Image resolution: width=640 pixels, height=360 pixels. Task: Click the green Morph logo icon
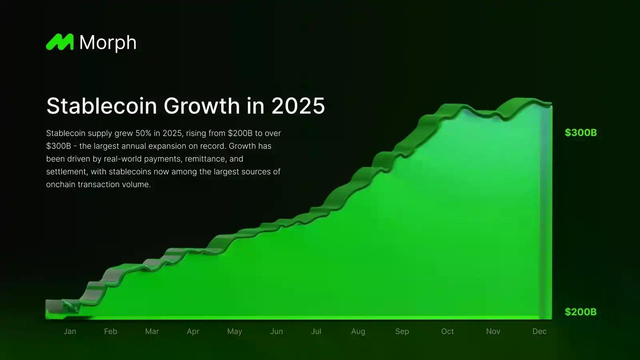pyautogui.click(x=60, y=42)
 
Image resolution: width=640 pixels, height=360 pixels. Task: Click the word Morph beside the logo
pyautogui.click(x=108, y=42)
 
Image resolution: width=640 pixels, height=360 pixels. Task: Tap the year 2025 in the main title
pyautogui.click(x=298, y=106)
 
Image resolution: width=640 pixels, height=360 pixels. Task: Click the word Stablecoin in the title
pyautogui.click(x=102, y=106)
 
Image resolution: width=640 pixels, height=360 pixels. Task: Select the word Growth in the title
pyautogui.click(x=202, y=106)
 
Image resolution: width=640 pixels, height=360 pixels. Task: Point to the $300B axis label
pyautogui.click(x=580, y=133)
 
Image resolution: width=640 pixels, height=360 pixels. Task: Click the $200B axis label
pyautogui.click(x=580, y=312)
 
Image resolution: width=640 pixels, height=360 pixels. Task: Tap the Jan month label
pyautogui.click(x=70, y=331)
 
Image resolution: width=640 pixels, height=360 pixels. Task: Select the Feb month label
pyautogui.click(x=110, y=331)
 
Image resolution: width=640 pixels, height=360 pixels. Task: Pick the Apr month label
pyautogui.click(x=193, y=331)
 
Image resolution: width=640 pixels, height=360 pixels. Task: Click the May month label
pyautogui.click(x=234, y=331)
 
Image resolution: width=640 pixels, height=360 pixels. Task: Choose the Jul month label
pyautogui.click(x=316, y=331)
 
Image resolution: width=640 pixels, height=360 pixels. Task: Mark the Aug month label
pyautogui.click(x=358, y=331)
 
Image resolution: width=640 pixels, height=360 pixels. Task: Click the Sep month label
pyautogui.click(x=402, y=331)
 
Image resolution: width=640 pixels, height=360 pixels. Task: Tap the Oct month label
pyautogui.click(x=447, y=331)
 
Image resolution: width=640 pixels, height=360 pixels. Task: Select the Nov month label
pyautogui.click(x=493, y=331)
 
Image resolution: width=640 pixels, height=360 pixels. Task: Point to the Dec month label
pyautogui.click(x=539, y=331)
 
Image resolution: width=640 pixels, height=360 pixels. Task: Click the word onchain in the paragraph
pyautogui.click(x=60, y=184)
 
